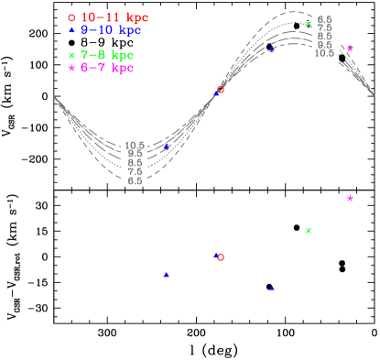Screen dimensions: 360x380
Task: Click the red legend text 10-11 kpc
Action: pyautogui.click(x=114, y=17)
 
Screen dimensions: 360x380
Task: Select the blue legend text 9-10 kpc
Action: pyautogui.click(x=111, y=30)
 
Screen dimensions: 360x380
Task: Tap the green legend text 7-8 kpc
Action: pyautogui.click(x=107, y=55)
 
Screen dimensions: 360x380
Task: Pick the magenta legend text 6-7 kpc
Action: pyautogui.click(x=107, y=68)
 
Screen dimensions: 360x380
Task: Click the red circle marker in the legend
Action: pyautogui.click(x=71, y=17)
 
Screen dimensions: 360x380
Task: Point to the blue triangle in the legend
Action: pyautogui.click(x=71, y=30)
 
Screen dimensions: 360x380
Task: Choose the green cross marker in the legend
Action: pyautogui.click(x=71, y=55)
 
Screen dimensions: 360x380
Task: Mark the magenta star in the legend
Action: pyautogui.click(x=71, y=68)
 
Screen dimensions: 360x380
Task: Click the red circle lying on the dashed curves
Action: pyautogui.click(x=221, y=89)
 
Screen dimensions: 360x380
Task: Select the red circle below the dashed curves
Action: pyautogui.click(x=221, y=257)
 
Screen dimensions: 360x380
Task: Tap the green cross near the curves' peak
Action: pyautogui.click(x=309, y=24)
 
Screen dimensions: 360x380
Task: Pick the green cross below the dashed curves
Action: pyautogui.click(x=309, y=230)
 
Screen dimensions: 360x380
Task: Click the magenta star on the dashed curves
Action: pyautogui.click(x=350, y=49)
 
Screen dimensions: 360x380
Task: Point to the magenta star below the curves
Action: pyautogui.click(x=350, y=198)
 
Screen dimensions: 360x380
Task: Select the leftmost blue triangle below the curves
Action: pyautogui.click(x=166, y=275)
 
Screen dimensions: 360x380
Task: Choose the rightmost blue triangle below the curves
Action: pyautogui.click(x=272, y=288)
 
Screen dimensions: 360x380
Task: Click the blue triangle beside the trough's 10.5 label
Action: pyautogui.click(x=166, y=147)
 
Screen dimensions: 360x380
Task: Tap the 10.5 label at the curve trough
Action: pyautogui.click(x=135, y=145)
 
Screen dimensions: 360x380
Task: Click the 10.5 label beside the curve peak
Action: pyautogui.click(x=324, y=53)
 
